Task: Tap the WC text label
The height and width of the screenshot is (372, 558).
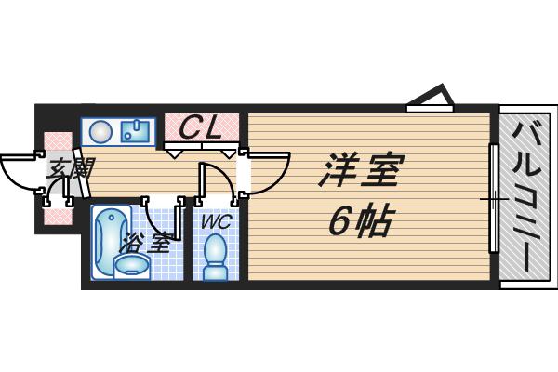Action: point(217,222)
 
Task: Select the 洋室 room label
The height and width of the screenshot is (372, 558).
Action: point(361,170)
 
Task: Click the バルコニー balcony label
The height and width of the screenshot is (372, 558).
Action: point(527,196)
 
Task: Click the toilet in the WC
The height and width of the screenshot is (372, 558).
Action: point(216,257)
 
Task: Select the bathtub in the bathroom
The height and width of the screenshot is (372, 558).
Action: point(111,242)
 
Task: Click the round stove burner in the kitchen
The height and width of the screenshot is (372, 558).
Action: point(100,132)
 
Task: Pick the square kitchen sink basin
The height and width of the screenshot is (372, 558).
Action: point(135,130)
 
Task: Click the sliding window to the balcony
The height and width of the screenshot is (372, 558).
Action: point(494,198)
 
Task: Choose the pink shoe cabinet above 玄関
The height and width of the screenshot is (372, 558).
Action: point(59,141)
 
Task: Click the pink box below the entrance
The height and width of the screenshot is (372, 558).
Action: point(59,216)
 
